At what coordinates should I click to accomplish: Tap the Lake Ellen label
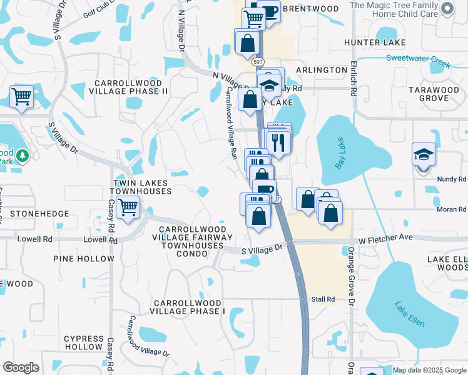coord(410,314)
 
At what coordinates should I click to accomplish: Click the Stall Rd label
coord(323,299)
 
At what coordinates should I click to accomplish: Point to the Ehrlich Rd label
coord(354,77)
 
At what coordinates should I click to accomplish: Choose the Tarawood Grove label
coord(434,94)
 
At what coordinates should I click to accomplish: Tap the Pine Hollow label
coord(84,259)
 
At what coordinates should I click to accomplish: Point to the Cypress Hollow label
coord(83,342)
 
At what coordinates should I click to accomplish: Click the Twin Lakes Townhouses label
coord(142,187)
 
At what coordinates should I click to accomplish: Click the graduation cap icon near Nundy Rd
coord(424,154)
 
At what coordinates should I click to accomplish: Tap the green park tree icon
coord(22,155)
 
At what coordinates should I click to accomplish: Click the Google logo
coord(21,367)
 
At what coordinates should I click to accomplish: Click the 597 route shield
coord(258,62)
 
